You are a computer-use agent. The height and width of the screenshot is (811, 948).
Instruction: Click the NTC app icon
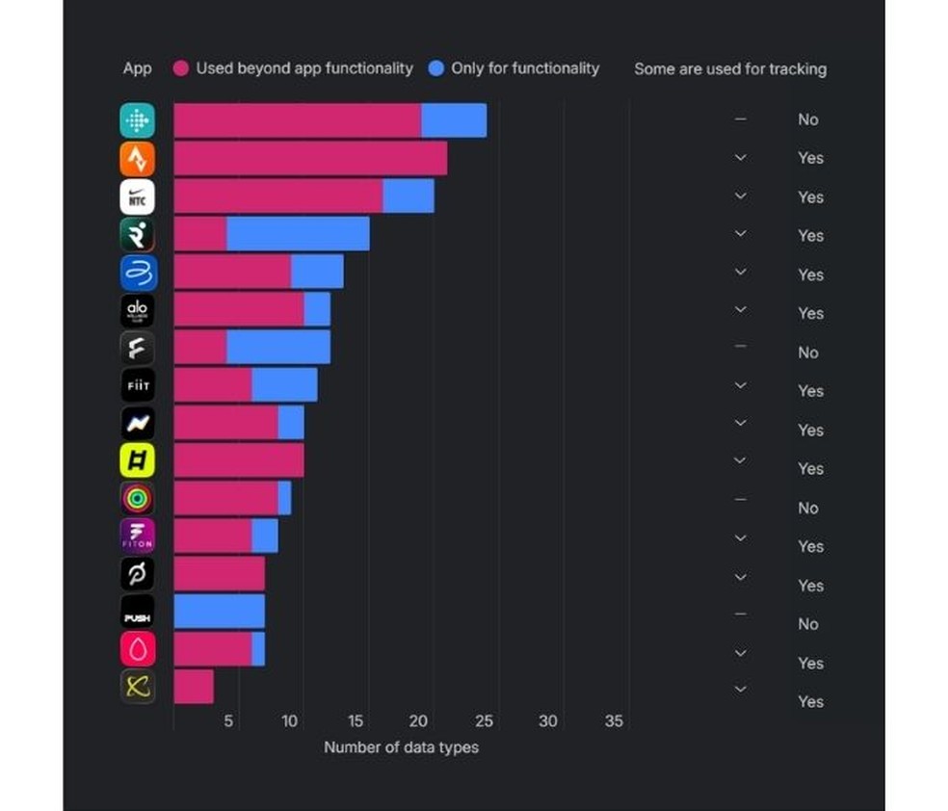[x=137, y=196]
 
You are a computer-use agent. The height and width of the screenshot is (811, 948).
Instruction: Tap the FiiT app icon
[x=137, y=385]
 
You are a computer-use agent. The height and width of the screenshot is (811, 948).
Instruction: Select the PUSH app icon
[x=137, y=612]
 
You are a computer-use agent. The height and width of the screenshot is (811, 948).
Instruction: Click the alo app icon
[x=137, y=310]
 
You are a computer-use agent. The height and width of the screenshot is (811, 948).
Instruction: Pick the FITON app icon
[x=137, y=536]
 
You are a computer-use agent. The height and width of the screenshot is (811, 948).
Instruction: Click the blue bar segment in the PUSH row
[x=219, y=612]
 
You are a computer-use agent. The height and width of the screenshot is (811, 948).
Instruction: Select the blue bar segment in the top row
[x=454, y=120]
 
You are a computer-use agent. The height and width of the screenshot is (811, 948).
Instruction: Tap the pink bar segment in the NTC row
[x=277, y=196]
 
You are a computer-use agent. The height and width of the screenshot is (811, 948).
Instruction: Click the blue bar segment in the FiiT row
[x=284, y=385]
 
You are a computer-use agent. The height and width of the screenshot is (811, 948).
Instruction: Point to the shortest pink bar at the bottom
[x=194, y=687]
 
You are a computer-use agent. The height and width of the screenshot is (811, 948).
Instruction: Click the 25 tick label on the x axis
[x=485, y=721]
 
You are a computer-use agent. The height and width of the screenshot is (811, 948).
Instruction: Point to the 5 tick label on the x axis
[x=228, y=721]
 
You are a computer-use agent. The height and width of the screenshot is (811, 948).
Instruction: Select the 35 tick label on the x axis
[x=614, y=721]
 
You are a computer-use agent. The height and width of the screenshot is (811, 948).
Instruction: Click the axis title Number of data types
[x=401, y=747]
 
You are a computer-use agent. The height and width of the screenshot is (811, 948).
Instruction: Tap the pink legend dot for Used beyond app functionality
[x=180, y=68]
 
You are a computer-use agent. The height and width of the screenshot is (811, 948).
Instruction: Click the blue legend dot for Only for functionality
[x=436, y=68]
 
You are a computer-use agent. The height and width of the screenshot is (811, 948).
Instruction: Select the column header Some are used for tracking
[x=729, y=69]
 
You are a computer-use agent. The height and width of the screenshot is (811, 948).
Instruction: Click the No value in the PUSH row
[x=807, y=624]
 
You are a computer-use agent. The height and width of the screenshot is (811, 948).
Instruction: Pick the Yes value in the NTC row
[x=810, y=196]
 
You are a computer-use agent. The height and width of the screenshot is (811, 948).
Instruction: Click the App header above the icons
[x=137, y=69]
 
